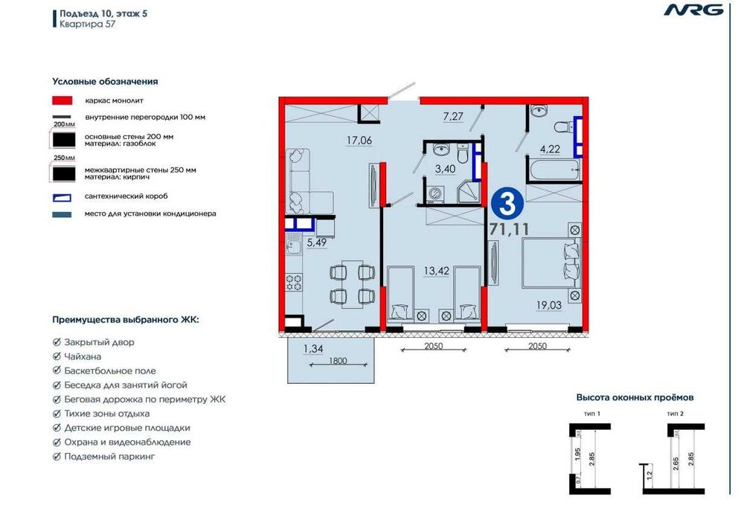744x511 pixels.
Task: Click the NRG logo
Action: click(693, 10)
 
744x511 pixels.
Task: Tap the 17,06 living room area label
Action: click(359, 140)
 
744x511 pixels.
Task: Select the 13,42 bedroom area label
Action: click(437, 271)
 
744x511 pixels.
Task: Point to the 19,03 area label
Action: click(549, 305)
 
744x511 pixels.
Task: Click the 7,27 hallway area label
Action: click(453, 116)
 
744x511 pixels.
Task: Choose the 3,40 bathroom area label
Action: click(446, 169)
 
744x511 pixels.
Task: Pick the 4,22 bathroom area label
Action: click(550, 149)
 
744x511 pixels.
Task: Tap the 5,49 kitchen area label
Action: click(316, 242)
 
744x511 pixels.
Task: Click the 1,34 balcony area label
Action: click(313, 349)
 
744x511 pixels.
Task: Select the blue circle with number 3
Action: click(507, 205)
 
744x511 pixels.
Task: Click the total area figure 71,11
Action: click(509, 230)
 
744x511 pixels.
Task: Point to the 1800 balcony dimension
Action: click(338, 361)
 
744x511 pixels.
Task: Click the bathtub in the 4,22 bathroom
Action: click(554, 170)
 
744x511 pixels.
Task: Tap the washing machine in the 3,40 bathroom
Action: click(435, 193)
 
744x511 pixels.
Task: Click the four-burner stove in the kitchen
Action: click(294, 283)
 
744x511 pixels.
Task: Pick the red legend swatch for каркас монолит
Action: click(62, 100)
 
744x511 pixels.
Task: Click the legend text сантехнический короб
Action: click(126, 196)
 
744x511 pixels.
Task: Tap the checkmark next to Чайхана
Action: click(57, 356)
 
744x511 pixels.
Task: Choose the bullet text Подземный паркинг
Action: click(109, 457)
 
